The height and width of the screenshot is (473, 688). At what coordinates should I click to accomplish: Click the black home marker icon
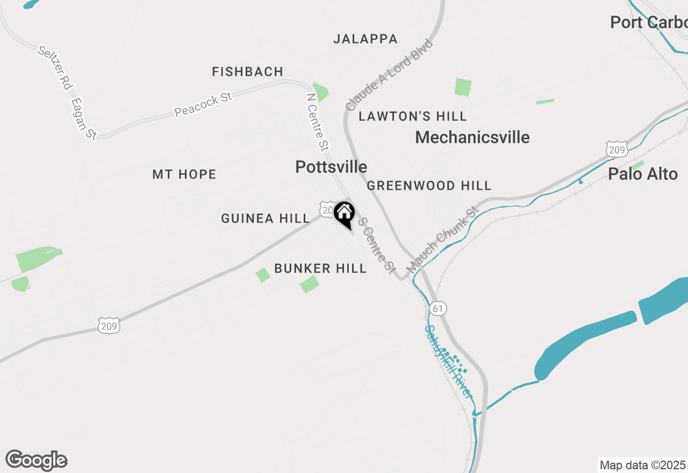pyautogui.click(x=344, y=213)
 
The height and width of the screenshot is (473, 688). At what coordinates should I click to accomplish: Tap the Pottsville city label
pyautogui.click(x=331, y=167)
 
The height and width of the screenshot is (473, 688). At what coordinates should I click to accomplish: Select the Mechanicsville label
pyautogui.click(x=472, y=138)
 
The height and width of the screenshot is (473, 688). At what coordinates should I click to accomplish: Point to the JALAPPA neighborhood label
pyautogui.click(x=365, y=39)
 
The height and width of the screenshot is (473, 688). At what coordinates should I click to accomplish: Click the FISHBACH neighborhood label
pyautogui.click(x=247, y=72)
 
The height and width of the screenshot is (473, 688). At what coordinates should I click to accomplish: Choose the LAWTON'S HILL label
pyautogui.click(x=413, y=117)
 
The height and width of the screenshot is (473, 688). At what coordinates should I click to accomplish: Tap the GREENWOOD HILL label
pyautogui.click(x=429, y=186)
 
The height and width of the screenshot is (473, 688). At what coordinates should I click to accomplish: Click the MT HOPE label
pyautogui.click(x=184, y=175)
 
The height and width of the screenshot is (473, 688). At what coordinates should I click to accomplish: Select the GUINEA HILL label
pyautogui.click(x=266, y=219)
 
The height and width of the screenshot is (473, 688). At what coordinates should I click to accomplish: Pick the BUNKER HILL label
pyautogui.click(x=320, y=269)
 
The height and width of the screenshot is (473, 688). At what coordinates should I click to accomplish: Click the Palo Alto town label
pyautogui.click(x=643, y=174)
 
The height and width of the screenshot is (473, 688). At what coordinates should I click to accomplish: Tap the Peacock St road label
pyautogui.click(x=203, y=104)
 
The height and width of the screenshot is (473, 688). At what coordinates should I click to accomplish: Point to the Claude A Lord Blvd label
pyautogui.click(x=389, y=75)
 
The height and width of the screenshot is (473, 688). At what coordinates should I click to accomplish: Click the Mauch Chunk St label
pyautogui.click(x=442, y=240)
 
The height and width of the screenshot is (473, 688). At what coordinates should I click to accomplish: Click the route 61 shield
pyautogui.click(x=438, y=309)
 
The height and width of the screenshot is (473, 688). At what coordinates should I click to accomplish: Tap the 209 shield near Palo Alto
pyautogui.click(x=616, y=149)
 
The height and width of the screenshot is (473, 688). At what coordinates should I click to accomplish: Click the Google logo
pyautogui.click(x=37, y=461)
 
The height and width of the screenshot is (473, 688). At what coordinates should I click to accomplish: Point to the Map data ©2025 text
pyautogui.click(x=643, y=465)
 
